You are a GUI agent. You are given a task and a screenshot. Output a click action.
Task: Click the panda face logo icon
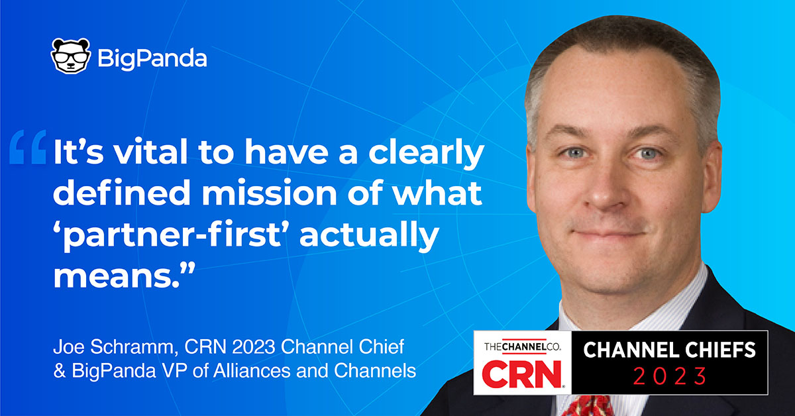(70, 56)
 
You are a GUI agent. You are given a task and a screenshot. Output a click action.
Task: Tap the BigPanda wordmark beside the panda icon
(152, 58)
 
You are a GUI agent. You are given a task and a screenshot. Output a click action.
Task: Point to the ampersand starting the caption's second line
(58, 371)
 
